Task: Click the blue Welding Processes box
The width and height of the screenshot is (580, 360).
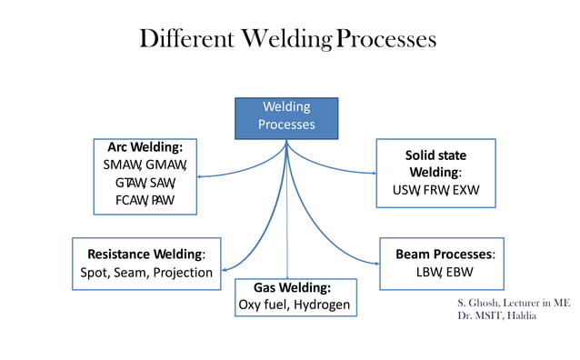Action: point(286,116)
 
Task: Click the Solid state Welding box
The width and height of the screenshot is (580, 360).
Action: point(435,174)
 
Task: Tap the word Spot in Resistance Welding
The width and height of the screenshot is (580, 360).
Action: point(90,272)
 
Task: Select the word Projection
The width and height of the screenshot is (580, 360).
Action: point(183,272)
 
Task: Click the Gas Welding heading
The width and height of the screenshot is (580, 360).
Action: point(293,287)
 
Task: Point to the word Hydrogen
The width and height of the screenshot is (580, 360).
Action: point(321,305)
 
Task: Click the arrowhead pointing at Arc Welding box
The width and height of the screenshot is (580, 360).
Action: point(199,175)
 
